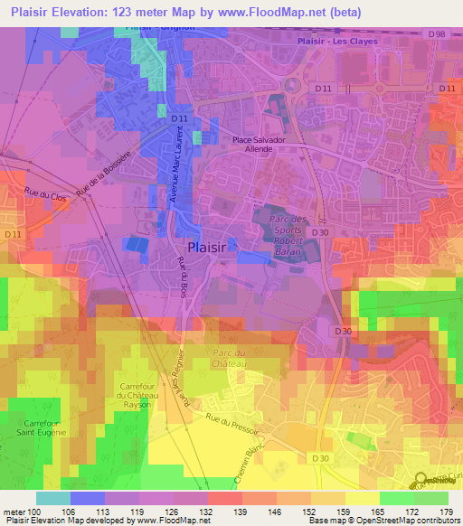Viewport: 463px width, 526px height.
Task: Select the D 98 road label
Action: click(439, 33)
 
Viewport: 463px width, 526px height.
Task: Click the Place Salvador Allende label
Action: click(266, 145)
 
